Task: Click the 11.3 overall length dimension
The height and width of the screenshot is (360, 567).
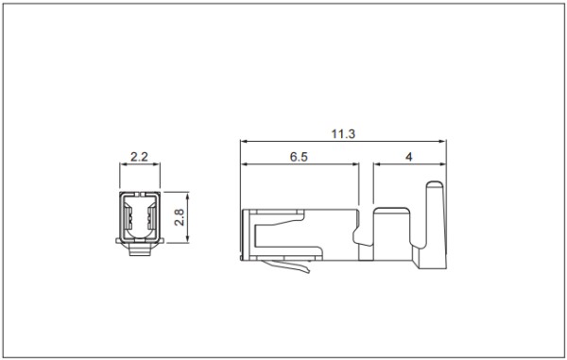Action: [343, 134]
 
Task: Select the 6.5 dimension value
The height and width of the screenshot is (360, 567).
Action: [299, 157]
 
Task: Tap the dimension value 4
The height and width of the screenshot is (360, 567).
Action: [408, 157]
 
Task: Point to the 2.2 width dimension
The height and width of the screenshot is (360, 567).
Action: [139, 157]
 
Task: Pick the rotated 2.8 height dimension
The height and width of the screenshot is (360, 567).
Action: [180, 217]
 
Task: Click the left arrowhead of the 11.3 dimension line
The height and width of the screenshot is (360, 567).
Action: [244, 141]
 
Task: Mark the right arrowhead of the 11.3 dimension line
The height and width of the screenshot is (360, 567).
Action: [443, 141]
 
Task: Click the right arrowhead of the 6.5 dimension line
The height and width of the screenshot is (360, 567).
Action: [355, 164]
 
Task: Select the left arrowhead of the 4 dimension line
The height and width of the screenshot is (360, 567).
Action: [377, 164]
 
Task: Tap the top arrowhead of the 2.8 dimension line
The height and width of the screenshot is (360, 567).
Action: [187, 197]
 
